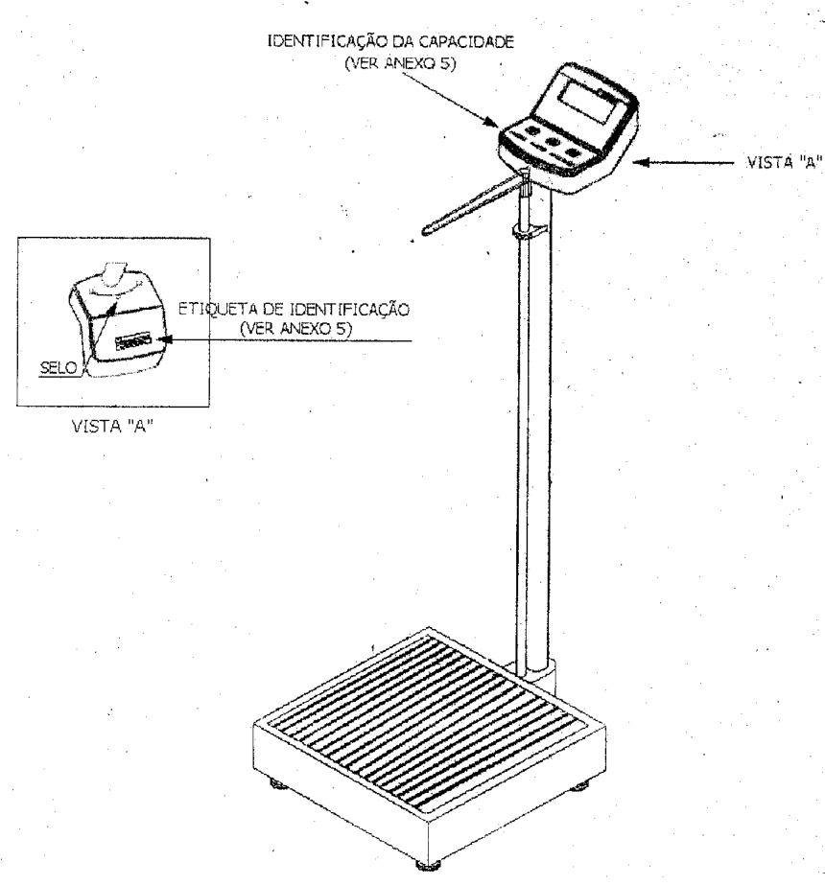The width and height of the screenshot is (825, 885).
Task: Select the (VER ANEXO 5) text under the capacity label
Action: pyautogui.click(x=400, y=63)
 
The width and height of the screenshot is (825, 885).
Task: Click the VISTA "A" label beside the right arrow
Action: pyautogui.click(x=785, y=163)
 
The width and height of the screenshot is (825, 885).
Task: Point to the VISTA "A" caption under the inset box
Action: pyautogui.click(x=113, y=426)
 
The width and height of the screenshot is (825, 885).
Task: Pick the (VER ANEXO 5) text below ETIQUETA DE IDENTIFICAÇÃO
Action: pyautogui.click(x=295, y=329)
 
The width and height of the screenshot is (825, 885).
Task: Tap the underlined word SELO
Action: pyautogui.click(x=59, y=368)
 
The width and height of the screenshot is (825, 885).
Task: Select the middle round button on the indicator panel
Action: pyautogui.click(x=552, y=141)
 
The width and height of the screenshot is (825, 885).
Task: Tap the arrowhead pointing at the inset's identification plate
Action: pyautogui.click(x=163, y=339)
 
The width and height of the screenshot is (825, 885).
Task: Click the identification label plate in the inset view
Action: pyautogui.click(x=132, y=341)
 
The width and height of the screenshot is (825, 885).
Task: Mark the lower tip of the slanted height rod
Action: pyautogui.click(x=425, y=231)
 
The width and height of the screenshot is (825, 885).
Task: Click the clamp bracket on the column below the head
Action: pyautogui.click(x=530, y=230)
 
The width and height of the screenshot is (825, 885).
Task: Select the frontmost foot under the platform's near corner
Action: pyautogui.click(x=428, y=865)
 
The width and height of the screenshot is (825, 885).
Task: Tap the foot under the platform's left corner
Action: pyautogui.click(x=278, y=783)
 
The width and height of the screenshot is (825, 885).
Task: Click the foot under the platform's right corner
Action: pyautogui.click(x=579, y=785)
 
